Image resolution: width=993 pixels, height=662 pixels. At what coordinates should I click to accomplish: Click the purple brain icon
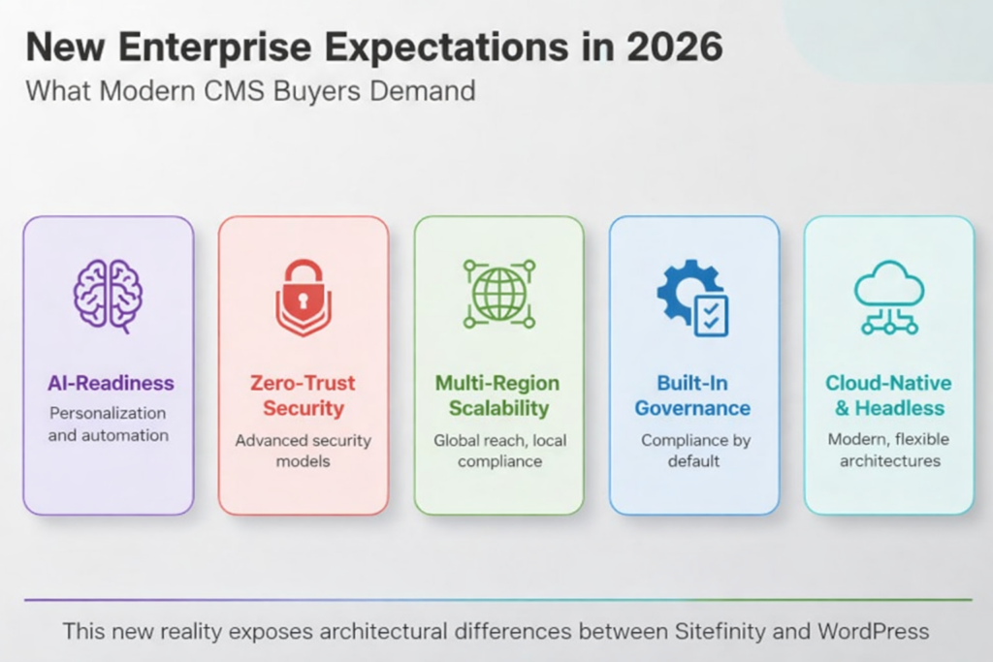(x=108, y=296)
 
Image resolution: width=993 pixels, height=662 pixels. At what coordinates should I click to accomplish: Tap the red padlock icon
(x=303, y=296)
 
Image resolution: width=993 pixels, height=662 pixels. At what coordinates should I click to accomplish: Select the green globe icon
(x=498, y=294)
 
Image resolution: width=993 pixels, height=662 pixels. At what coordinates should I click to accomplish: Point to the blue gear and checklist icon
(x=692, y=298)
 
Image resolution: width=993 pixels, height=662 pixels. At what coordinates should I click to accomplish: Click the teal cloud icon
(x=888, y=296)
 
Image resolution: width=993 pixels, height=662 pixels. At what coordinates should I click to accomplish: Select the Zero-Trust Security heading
(x=303, y=395)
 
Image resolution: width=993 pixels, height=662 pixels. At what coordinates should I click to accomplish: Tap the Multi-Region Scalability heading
(x=498, y=395)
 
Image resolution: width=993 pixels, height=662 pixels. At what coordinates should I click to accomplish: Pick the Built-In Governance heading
(x=692, y=395)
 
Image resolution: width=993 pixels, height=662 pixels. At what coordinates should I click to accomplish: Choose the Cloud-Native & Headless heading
(x=888, y=395)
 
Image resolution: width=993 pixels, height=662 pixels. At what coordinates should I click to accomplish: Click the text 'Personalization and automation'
(x=108, y=425)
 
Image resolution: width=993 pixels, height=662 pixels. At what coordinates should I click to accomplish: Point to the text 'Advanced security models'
(x=303, y=451)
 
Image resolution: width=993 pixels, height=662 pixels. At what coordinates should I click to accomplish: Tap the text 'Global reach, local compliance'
(x=498, y=451)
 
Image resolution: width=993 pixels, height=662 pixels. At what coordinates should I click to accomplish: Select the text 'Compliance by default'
(x=692, y=451)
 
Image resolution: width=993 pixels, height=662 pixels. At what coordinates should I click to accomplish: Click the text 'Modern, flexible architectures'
(x=888, y=451)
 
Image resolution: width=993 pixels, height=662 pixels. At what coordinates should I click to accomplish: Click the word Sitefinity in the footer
(x=722, y=632)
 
